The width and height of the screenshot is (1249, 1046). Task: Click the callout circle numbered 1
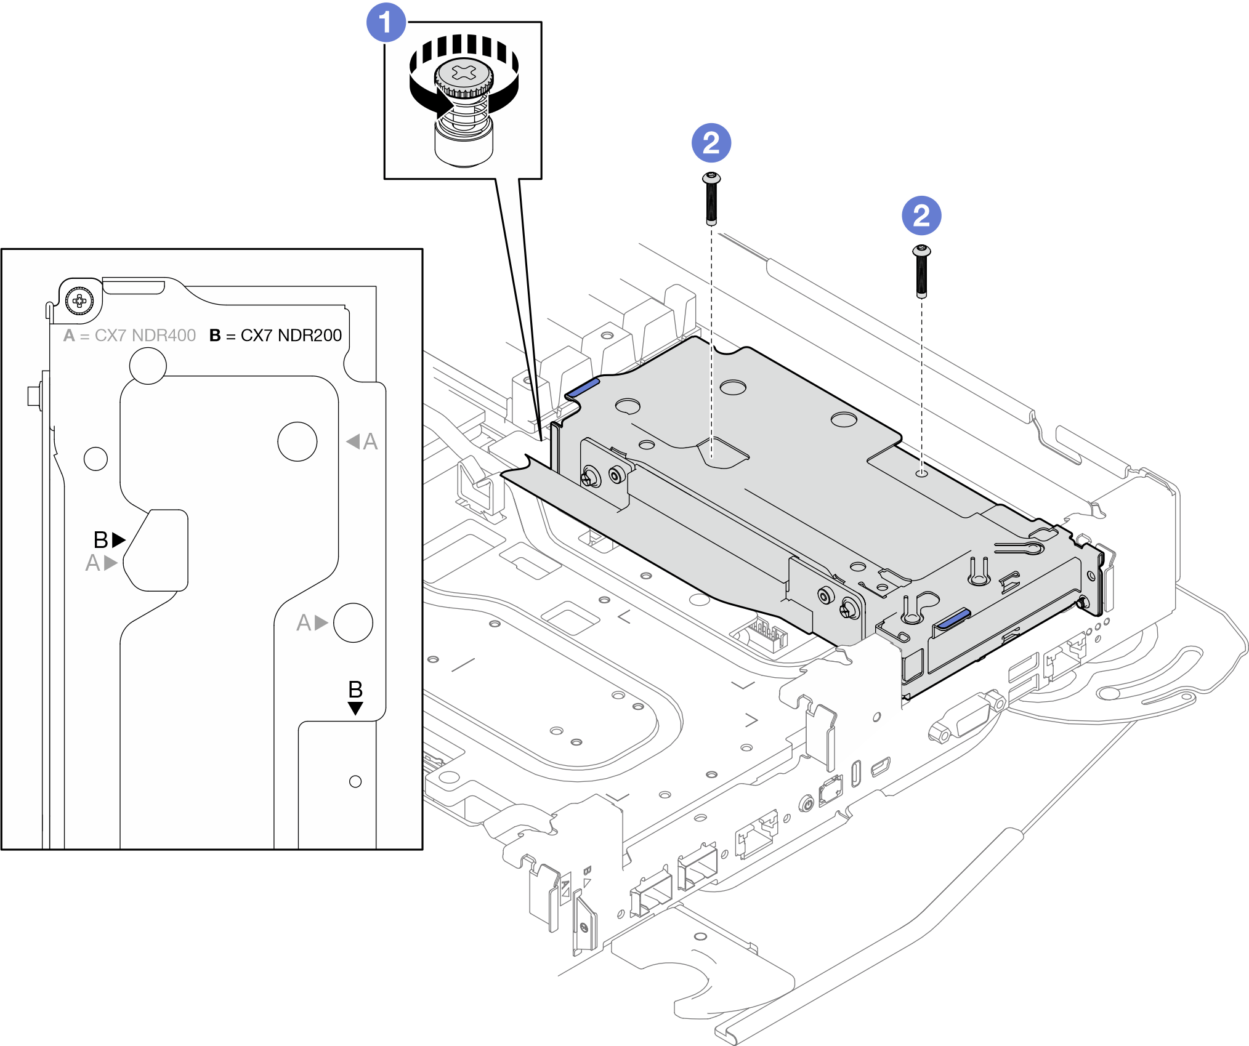386,23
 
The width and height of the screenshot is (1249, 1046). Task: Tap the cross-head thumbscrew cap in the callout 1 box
464,76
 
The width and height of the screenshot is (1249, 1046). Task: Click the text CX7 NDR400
145,336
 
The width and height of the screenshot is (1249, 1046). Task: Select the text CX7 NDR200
291,336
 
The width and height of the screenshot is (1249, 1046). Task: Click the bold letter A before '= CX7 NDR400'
69,336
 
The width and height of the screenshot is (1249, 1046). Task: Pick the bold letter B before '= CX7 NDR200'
215,336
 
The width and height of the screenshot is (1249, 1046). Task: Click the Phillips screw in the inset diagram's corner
79,301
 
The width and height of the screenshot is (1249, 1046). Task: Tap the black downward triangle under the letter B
355,708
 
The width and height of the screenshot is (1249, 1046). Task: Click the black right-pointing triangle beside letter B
119,540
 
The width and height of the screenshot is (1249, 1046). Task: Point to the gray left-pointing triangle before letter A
353,441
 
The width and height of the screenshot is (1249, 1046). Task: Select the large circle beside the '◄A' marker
297,441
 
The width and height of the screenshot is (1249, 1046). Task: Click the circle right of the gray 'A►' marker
353,622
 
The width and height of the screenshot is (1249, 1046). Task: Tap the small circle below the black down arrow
355,781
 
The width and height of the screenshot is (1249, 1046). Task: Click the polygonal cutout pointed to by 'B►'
157,550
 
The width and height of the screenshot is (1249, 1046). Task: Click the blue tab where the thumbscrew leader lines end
582,387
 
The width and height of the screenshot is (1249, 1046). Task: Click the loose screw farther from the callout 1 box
921,271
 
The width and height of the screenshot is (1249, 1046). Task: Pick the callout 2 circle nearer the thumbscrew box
711,143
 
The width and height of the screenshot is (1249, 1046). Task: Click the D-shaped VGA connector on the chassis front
966,718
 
